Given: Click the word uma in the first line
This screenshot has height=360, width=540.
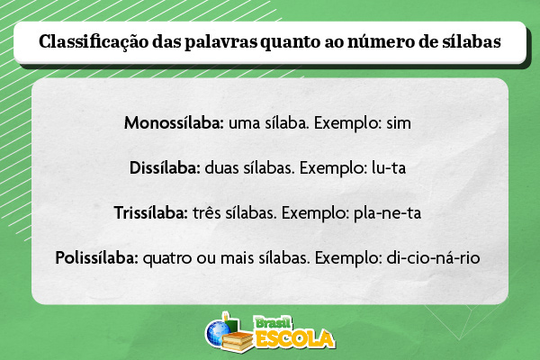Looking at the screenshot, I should coord(244,121).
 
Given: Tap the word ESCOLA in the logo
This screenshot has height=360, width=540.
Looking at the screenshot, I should coord(294,339).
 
